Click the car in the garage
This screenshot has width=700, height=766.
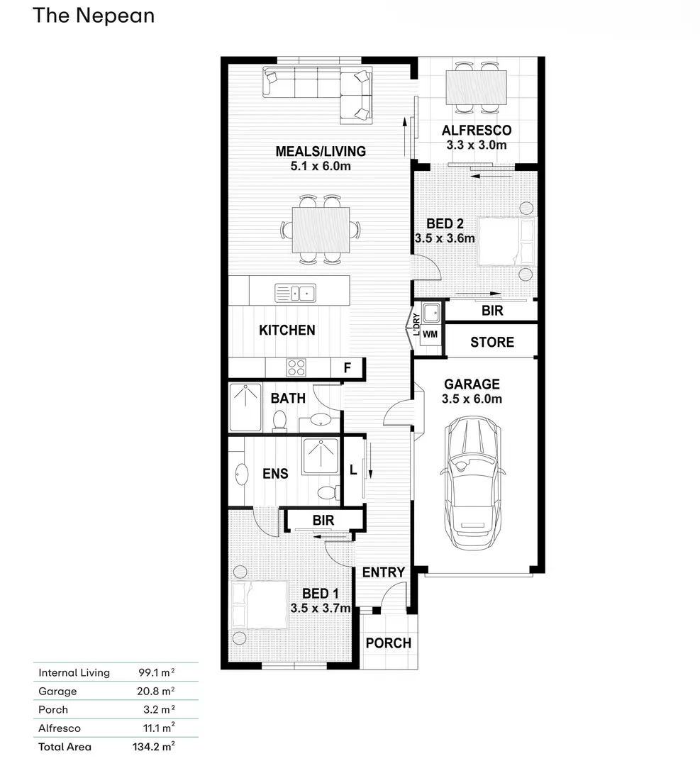click(472, 483)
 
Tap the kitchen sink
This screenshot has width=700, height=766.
click(296, 293)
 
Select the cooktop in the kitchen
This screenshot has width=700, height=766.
click(296, 368)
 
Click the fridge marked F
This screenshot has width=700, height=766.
click(348, 368)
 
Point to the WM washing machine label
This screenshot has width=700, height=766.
click(430, 335)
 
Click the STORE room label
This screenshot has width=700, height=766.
click(492, 342)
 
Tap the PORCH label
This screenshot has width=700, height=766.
click(389, 643)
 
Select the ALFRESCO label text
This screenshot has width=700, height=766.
click(477, 131)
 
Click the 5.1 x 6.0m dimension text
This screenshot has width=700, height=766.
click(321, 166)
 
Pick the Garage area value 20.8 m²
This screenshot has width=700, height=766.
click(156, 691)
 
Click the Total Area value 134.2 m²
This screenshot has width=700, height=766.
click(153, 746)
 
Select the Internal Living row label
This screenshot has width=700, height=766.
click(74, 672)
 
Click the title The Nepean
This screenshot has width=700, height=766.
click(94, 16)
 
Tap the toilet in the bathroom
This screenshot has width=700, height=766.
click(279, 421)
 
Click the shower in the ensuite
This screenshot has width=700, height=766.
click(321, 456)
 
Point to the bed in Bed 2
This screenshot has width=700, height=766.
click(506, 241)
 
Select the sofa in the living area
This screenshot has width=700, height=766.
click(318, 94)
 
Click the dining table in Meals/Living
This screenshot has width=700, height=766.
click(321, 230)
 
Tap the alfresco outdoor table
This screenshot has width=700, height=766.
click(477, 87)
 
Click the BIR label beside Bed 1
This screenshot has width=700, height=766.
click(323, 521)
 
